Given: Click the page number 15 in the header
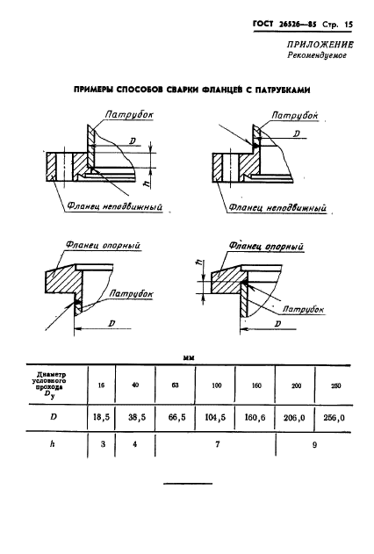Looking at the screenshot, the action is click(349, 25).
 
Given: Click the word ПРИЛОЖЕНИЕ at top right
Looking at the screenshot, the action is click(320, 45).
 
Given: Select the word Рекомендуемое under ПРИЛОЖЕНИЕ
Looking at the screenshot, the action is click(317, 55).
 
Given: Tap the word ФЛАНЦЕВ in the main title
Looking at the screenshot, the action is click(222, 90).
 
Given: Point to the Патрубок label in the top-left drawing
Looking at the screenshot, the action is click(129, 114).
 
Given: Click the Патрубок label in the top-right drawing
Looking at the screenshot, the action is click(295, 115).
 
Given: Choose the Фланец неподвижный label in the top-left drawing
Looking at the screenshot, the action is click(114, 206).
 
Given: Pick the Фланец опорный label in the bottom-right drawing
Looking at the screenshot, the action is click(266, 246).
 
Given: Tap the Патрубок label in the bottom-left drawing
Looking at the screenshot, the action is click(131, 293).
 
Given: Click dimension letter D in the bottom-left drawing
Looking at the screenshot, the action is click(111, 323).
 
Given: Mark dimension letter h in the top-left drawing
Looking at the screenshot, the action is click(148, 182).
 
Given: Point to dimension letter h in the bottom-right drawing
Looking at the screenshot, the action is click(199, 263).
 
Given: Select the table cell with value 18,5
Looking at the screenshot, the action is click(101, 417).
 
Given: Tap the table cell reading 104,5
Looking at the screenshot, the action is click(215, 418).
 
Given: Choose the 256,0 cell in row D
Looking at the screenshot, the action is click(334, 418).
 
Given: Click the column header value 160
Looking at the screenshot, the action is click(256, 385).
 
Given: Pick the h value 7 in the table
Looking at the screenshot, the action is click(217, 444).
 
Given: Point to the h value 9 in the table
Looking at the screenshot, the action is click(314, 445).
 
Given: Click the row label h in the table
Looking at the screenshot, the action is click(53, 443).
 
